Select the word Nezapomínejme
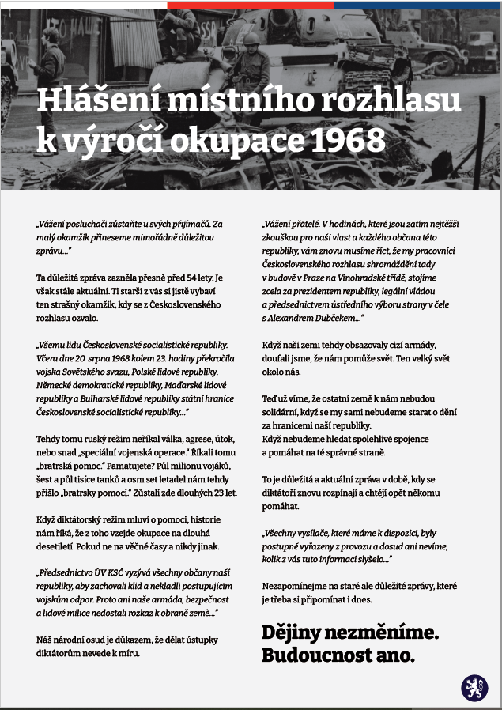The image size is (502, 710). (298, 586)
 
